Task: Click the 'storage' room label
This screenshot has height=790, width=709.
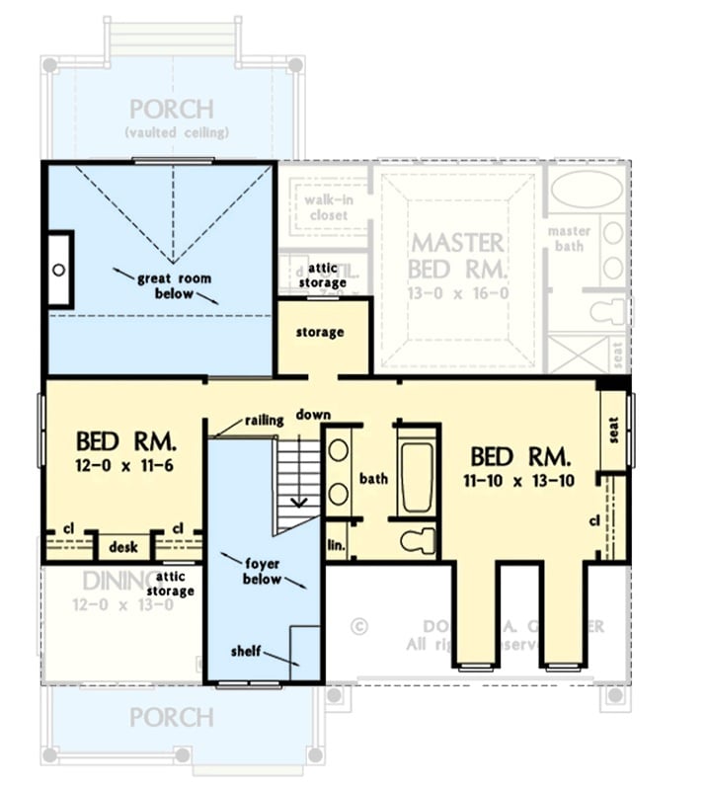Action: pyautogui.click(x=320, y=333)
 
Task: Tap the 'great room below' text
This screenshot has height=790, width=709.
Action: pyautogui.click(x=174, y=286)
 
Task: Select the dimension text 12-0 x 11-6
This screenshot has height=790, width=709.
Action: pyautogui.click(x=124, y=464)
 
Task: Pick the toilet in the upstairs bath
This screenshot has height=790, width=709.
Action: pyautogui.click(x=419, y=541)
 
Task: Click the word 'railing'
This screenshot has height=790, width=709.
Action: pyautogui.click(x=264, y=421)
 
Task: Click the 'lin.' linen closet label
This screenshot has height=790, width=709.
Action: pyautogui.click(x=336, y=545)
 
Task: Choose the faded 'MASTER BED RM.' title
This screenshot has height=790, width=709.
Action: pyautogui.click(x=457, y=256)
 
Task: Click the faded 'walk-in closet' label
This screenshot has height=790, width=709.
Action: pyautogui.click(x=315, y=206)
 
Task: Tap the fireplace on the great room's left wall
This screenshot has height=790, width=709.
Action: pyautogui.click(x=59, y=270)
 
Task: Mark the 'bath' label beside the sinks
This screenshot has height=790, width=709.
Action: pyautogui.click(x=372, y=480)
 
